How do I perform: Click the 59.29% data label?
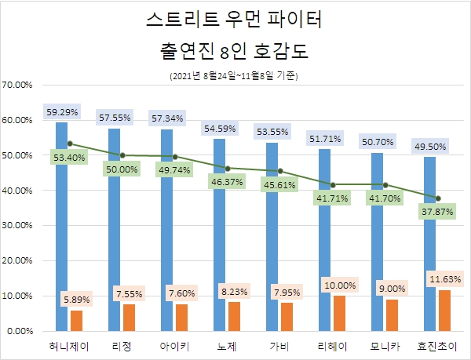click(x=62, y=113)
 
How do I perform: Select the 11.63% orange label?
click(x=445, y=279)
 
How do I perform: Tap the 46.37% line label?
click(x=228, y=181)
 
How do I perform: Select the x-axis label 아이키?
click(x=175, y=346)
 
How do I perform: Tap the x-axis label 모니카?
click(x=385, y=346)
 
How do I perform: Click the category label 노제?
click(x=227, y=346)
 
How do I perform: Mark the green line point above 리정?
click(x=122, y=155)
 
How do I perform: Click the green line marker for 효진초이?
click(x=438, y=198)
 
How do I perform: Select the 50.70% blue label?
click(x=377, y=143)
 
